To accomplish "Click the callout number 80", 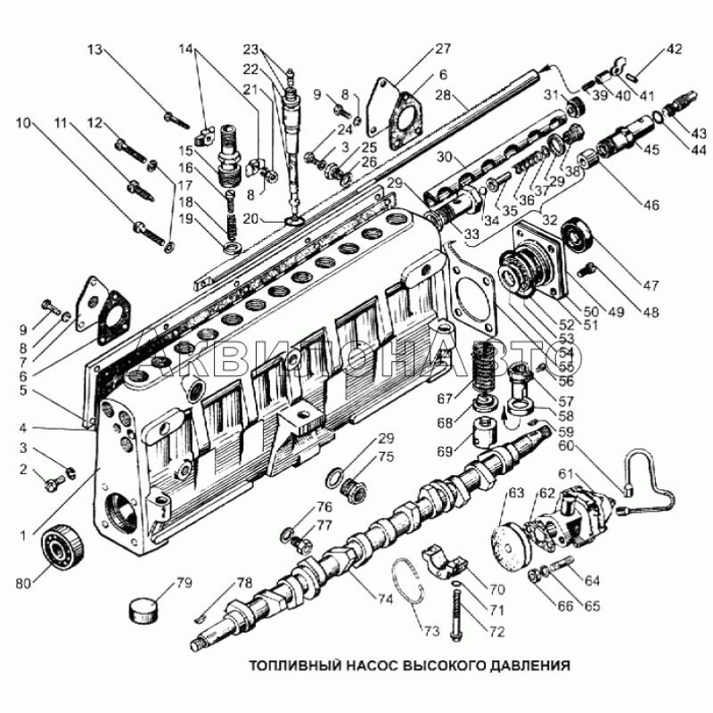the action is tap(23, 583).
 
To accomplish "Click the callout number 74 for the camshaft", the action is tap(385, 599).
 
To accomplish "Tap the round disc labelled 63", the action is tap(512, 544).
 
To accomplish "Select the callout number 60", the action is tap(566, 446).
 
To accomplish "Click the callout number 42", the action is tap(675, 49).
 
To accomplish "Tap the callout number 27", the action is tap(442, 48).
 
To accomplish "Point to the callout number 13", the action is tap(95, 49).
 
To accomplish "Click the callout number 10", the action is tap(23, 123).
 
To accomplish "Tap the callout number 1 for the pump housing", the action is tap(23, 537).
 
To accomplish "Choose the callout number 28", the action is tap(443, 95).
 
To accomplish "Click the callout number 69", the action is tap(445, 451).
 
